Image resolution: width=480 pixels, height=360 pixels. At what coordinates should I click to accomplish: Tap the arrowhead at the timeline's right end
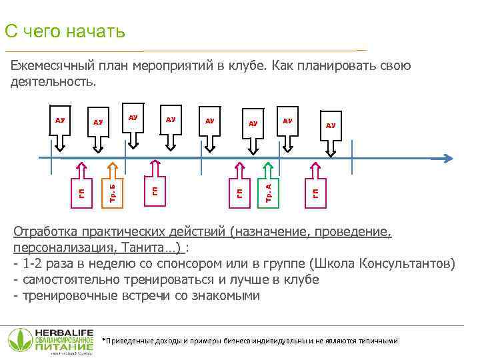[448, 159]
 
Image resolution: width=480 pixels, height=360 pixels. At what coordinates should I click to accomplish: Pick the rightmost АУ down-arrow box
[330, 133]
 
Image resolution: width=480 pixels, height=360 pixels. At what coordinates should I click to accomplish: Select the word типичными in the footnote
[377, 341]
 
